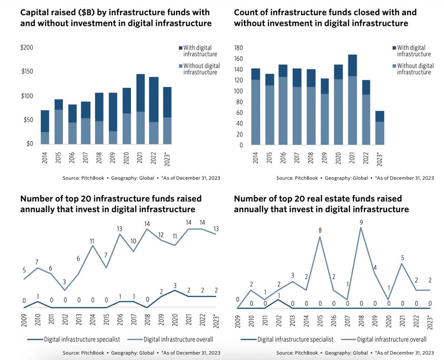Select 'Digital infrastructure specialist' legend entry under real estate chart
pos(295,339)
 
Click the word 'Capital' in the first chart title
pos(36,12)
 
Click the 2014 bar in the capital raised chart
pos(45,127)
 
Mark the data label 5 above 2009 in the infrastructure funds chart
pos(24,270)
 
